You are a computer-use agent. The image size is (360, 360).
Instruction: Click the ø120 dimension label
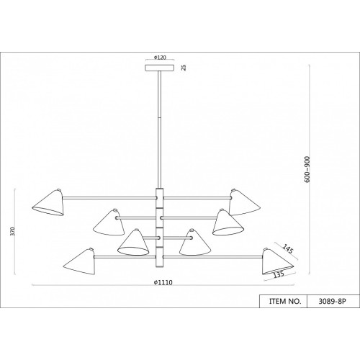(160, 58)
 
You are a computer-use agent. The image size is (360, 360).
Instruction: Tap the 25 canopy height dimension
(184, 68)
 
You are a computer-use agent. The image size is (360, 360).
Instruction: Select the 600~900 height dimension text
(307, 169)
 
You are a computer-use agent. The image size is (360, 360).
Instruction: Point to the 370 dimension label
(13, 231)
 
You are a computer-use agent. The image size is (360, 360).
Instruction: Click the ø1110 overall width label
(163, 282)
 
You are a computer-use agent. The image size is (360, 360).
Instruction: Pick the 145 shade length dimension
(287, 249)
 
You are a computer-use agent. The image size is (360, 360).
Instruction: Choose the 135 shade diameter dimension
(279, 274)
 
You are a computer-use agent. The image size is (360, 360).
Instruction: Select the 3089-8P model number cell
(332, 302)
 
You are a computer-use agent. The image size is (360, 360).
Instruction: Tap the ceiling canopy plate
(160, 68)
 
